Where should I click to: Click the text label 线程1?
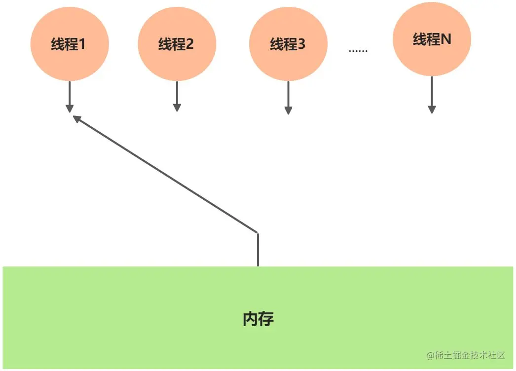[x=69, y=44]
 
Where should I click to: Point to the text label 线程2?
[x=176, y=44]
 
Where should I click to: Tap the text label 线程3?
[x=288, y=44]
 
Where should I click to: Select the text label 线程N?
[x=432, y=39]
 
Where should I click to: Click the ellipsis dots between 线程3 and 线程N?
[x=358, y=51]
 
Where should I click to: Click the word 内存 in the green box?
[x=258, y=319]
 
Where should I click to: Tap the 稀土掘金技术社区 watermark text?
[x=471, y=355]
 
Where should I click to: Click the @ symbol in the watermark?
[x=430, y=355]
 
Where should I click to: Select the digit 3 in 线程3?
[x=301, y=44]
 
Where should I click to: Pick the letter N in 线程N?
[x=445, y=39]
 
